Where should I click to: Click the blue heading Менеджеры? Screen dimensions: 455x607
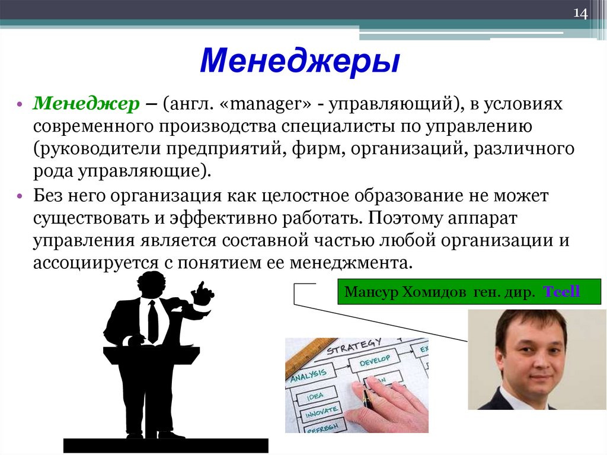tap(299, 62)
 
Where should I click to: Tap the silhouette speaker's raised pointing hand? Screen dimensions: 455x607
tap(203, 291)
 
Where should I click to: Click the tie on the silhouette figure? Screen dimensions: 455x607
tap(153, 320)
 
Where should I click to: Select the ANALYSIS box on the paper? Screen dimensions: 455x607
tap(308, 374)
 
